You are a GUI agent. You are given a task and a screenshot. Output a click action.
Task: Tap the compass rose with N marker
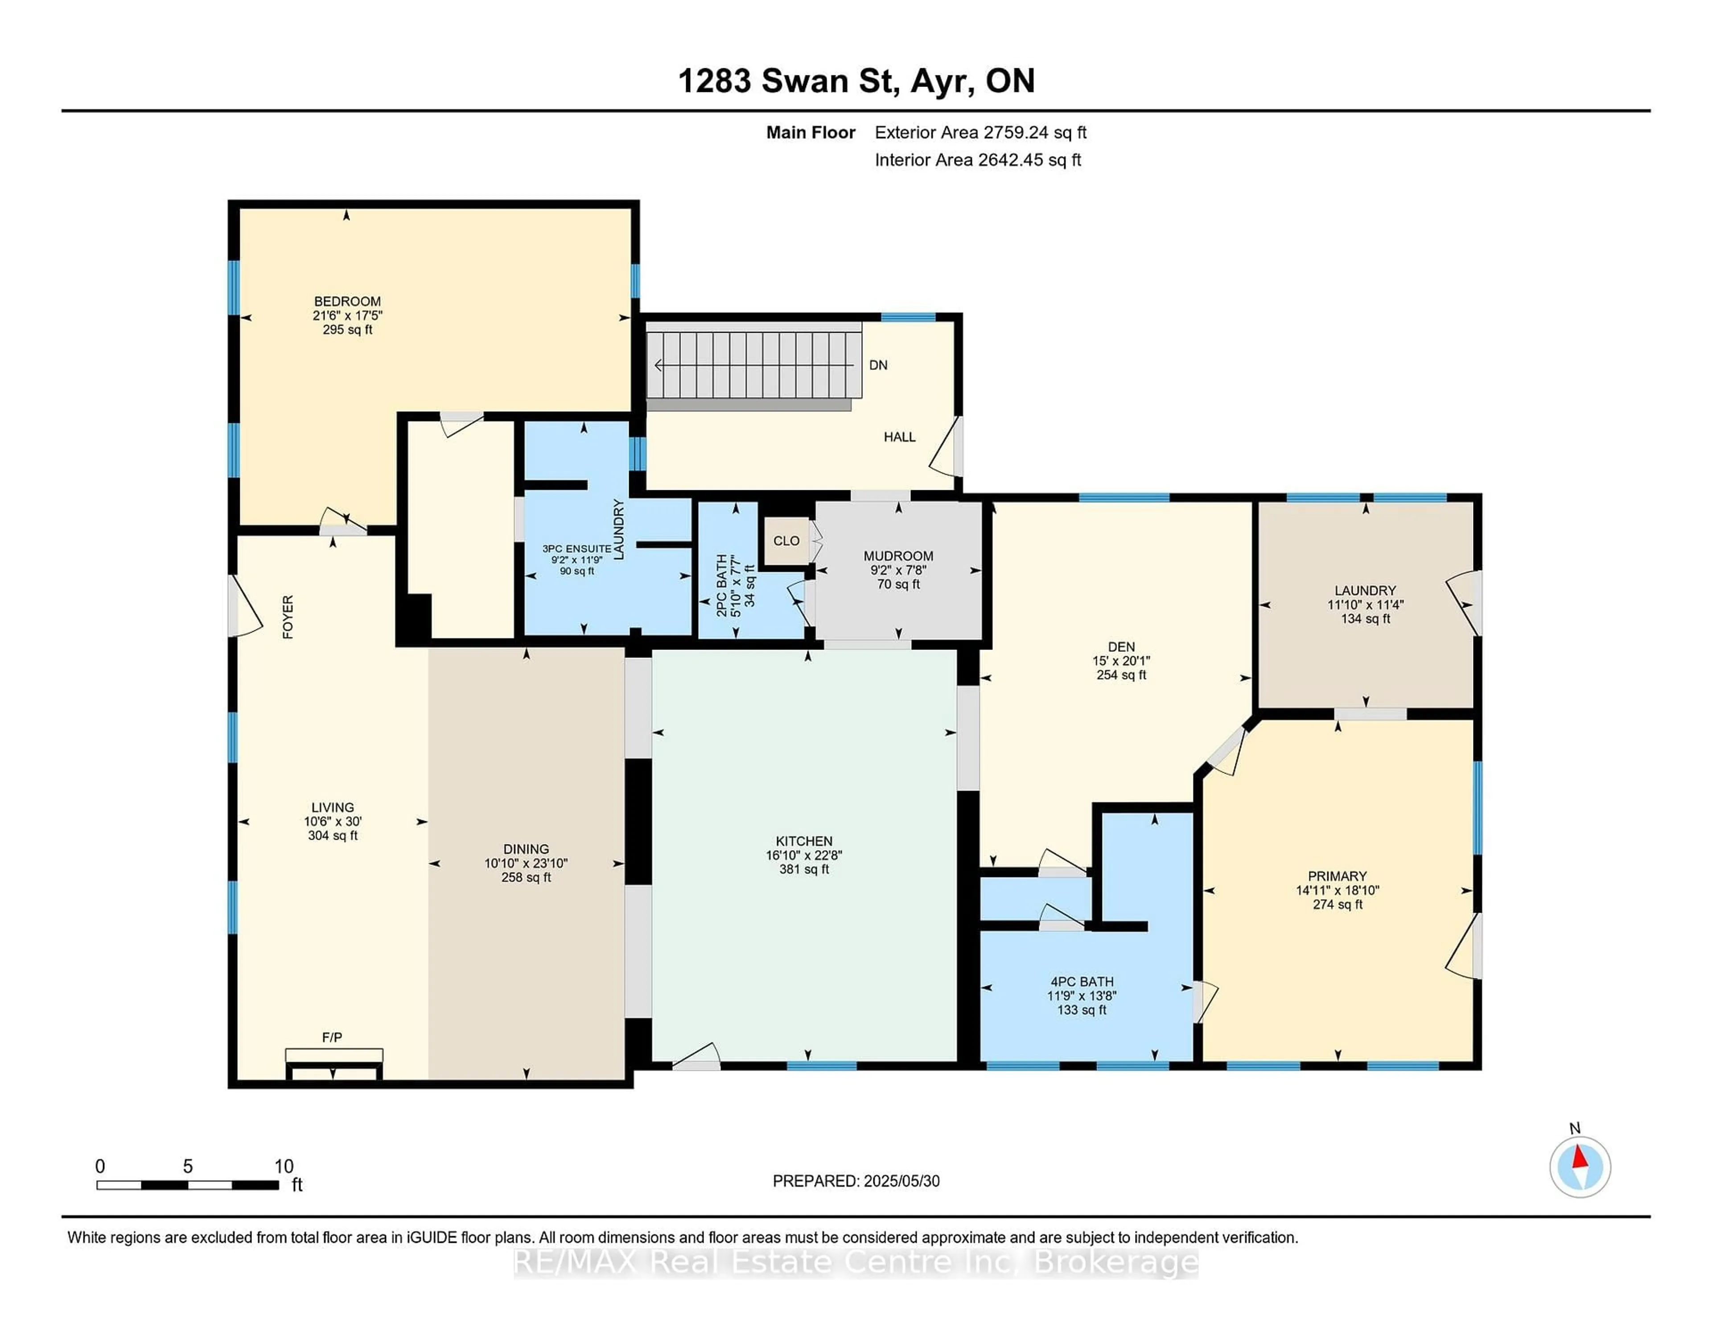point(1580,1167)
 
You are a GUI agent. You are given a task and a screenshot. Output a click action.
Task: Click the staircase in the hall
point(753,365)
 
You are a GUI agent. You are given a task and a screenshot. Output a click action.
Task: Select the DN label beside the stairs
point(878,365)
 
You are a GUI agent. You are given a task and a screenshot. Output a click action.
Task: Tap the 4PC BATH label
point(1082,982)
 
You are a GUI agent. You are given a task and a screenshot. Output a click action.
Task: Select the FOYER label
point(288,617)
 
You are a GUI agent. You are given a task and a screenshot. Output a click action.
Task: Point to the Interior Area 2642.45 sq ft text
point(978,160)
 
